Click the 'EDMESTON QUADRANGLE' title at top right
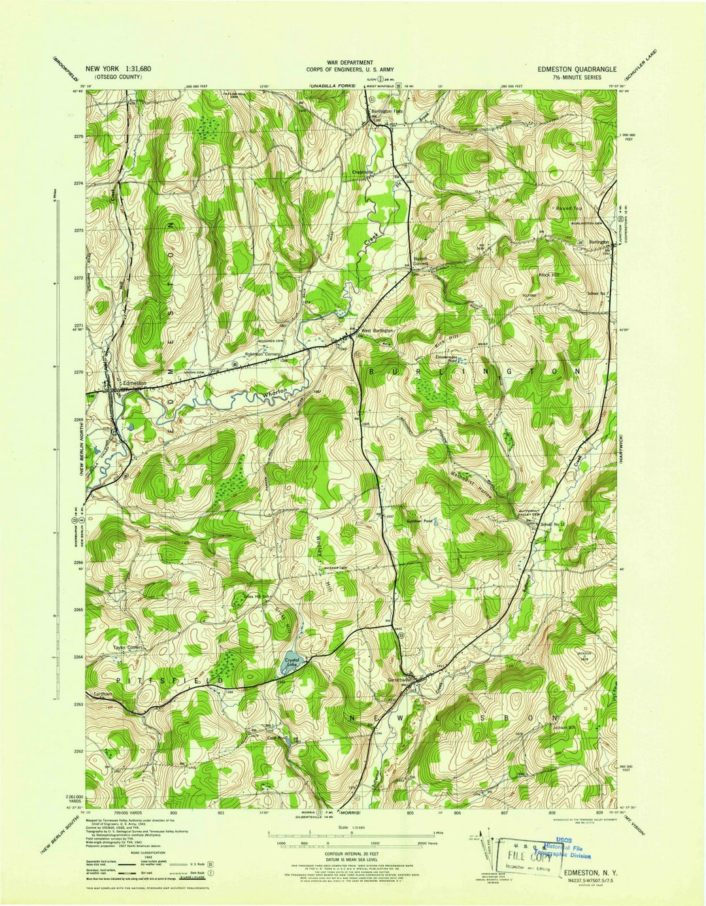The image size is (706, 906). click(577, 68)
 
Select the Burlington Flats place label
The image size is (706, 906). click(388, 111)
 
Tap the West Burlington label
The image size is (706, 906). click(377, 331)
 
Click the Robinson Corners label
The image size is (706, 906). click(262, 354)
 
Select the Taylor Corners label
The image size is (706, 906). click(128, 648)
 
